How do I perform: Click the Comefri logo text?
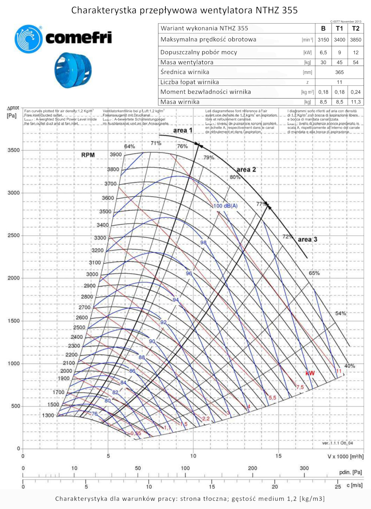[x=78, y=37]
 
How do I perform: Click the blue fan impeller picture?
[x=73, y=70]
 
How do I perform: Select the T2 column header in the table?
[x=355, y=29]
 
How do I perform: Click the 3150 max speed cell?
[x=323, y=40]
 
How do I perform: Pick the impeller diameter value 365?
[x=339, y=72]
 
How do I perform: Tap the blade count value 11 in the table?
[x=339, y=82]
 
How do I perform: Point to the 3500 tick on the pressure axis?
[x=14, y=150]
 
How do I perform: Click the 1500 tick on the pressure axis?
[x=14, y=321]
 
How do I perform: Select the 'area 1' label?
[x=183, y=130]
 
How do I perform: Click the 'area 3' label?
[x=308, y=239]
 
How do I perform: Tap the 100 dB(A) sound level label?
[x=226, y=206]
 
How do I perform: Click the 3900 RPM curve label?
[x=116, y=155]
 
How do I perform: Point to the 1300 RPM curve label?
[x=48, y=415]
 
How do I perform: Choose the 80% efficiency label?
[x=235, y=177]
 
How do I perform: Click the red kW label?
[x=310, y=373]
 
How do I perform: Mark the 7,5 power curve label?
[x=300, y=387]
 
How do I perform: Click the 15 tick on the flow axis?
[x=278, y=456]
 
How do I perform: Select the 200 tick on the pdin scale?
[x=253, y=468]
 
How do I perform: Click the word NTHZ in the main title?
[x=267, y=10]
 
